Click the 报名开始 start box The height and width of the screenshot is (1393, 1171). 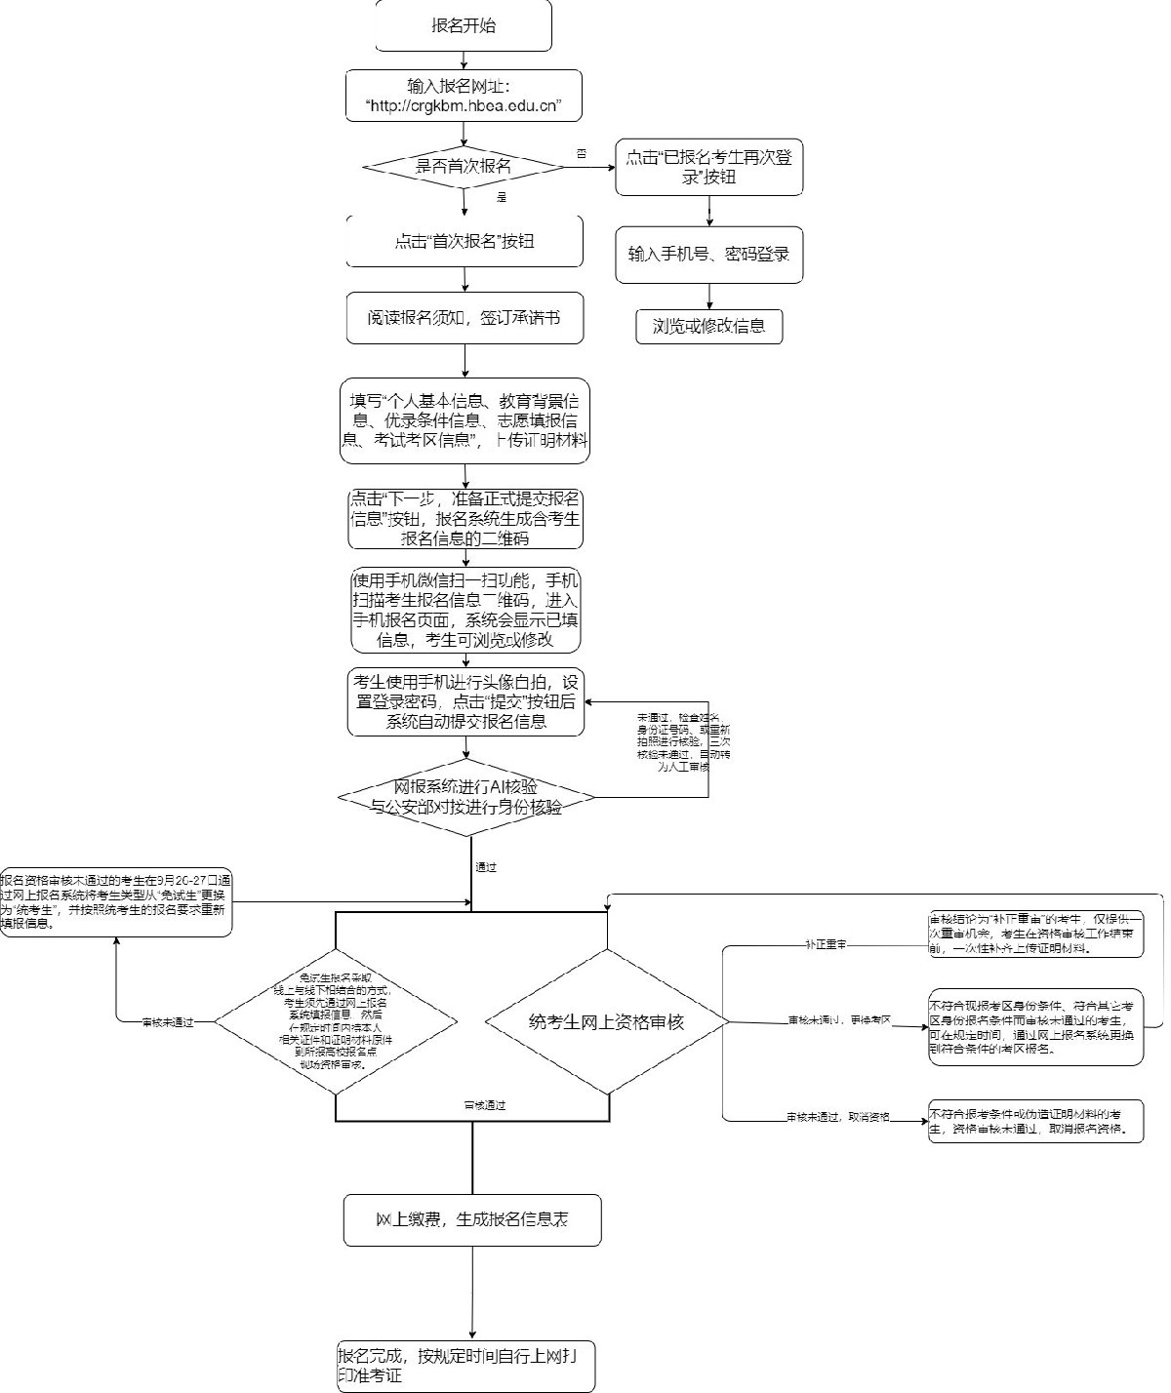[464, 25]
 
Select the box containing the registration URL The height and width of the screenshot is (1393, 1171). [464, 96]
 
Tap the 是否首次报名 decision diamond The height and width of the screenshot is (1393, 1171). [464, 167]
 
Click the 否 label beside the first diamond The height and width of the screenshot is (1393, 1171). [582, 153]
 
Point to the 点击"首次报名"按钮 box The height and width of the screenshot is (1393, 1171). [464, 241]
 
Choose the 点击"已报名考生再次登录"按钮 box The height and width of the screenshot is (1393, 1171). [708, 167]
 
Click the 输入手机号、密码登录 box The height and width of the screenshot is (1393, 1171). [708, 255]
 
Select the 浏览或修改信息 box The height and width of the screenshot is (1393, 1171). [708, 327]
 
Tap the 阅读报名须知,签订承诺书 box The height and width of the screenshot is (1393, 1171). [464, 318]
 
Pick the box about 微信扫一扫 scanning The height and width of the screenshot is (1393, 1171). [465, 611]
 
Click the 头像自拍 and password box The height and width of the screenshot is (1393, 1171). [465, 702]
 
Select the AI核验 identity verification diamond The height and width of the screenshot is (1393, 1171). [465, 797]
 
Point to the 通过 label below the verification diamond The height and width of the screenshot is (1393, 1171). [485, 866]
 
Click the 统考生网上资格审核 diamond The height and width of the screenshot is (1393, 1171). [607, 1022]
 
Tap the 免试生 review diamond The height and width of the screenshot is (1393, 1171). [335, 1021]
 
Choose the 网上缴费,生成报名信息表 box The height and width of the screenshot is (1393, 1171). [472, 1219]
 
